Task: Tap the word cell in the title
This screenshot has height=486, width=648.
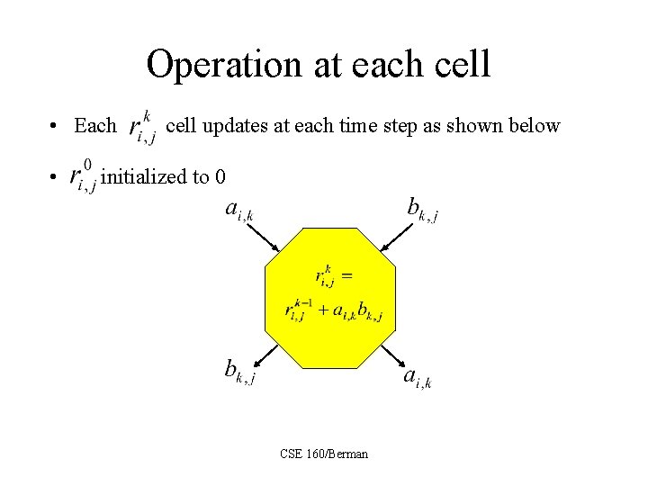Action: [x=461, y=65]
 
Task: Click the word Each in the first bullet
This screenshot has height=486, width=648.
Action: [x=95, y=126]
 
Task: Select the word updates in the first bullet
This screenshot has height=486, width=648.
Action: [x=236, y=126]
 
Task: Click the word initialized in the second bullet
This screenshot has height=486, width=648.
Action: [x=144, y=176]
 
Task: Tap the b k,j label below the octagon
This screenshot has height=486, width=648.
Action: [x=238, y=370]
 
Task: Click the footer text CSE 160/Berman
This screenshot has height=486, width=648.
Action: [x=324, y=454]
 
